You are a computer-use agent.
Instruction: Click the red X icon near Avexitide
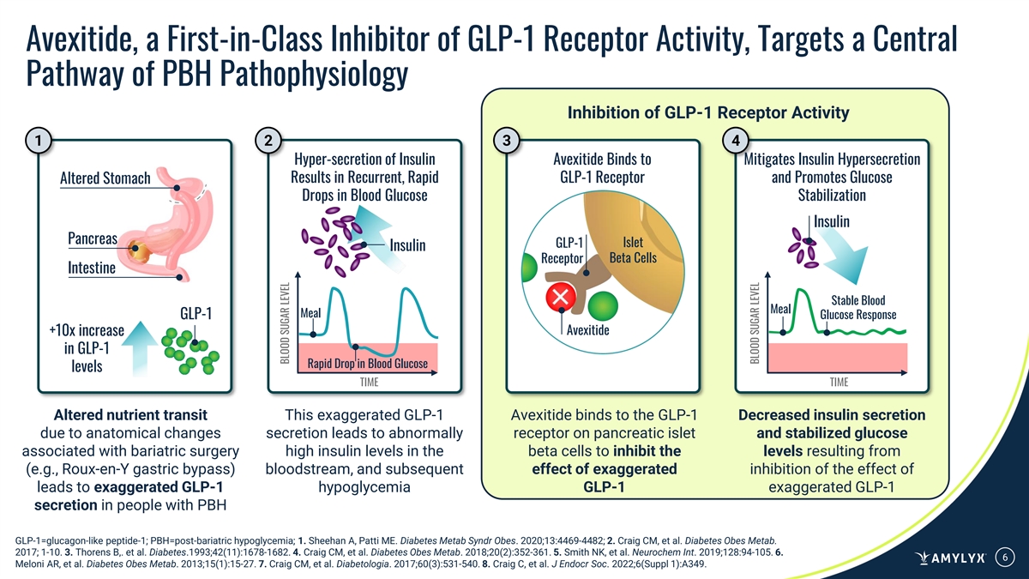562,298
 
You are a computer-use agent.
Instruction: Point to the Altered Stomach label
105,178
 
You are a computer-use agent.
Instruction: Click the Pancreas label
92,237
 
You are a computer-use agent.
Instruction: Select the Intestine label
91,267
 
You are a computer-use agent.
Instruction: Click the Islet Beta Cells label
632,250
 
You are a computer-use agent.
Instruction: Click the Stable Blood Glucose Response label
858,307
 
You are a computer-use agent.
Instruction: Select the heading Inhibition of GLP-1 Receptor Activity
708,112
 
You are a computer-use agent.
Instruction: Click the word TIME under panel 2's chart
369,382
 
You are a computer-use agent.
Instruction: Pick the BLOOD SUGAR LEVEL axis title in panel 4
756,323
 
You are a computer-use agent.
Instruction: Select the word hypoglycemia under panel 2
364,488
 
